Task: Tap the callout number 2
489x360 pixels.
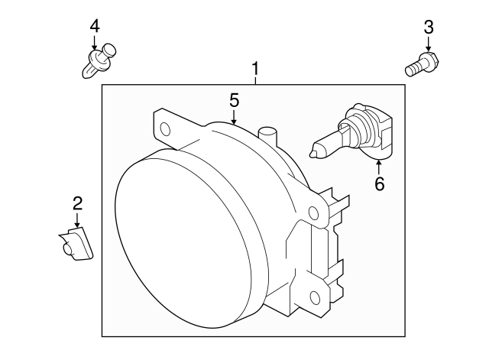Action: (77, 203)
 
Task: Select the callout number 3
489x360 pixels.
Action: (429, 28)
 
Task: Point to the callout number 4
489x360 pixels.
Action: (95, 26)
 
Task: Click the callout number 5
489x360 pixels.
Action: (235, 100)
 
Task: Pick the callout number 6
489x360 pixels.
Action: (379, 183)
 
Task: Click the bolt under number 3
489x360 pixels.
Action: (419, 64)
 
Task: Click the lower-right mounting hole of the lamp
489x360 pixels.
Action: (316, 297)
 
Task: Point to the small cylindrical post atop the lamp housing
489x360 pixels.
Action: (266, 138)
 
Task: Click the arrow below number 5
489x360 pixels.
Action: (235, 116)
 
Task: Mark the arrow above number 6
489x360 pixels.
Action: (379, 167)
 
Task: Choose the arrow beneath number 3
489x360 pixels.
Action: (429, 44)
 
